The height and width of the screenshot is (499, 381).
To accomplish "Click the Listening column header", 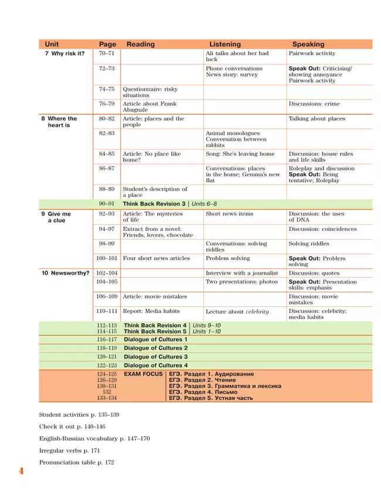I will [225, 44].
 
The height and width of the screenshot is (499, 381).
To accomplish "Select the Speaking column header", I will [308, 44].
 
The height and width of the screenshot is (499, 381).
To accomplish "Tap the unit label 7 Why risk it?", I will [64, 53].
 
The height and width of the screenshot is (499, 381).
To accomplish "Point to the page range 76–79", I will [107, 104].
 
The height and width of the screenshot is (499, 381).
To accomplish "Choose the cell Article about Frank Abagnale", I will [149, 107].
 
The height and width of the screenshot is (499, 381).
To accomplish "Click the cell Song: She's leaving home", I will [240, 154].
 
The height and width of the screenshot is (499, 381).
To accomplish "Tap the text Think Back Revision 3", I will [154, 203].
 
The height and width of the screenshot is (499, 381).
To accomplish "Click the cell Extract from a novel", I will [157, 232].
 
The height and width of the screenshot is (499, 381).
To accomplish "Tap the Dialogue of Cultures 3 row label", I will [156, 357].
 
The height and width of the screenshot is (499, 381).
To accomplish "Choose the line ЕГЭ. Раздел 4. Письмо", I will [203, 392].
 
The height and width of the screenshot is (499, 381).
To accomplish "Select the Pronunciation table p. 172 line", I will [76, 462].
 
